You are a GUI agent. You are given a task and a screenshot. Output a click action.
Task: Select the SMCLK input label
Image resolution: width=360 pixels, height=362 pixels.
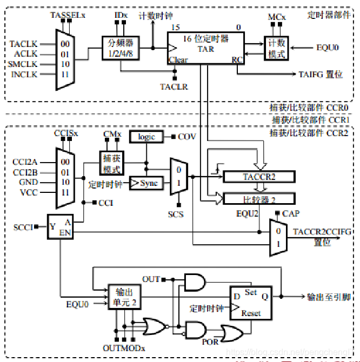(24, 64)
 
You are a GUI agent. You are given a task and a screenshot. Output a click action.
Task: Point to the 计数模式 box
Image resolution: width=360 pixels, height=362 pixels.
(276, 49)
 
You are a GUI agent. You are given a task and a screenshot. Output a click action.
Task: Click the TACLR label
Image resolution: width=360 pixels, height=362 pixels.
(174, 86)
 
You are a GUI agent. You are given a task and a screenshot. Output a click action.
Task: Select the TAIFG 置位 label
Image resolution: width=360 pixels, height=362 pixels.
(321, 74)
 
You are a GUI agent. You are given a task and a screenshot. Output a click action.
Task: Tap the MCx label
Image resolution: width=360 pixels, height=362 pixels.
(276, 18)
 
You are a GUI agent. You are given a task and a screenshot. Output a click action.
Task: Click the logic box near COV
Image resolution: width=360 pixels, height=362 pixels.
(146, 137)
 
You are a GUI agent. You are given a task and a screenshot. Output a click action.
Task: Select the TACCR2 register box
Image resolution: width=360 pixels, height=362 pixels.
(258, 177)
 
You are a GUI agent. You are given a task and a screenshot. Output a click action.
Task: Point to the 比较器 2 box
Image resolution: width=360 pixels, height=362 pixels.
(258, 199)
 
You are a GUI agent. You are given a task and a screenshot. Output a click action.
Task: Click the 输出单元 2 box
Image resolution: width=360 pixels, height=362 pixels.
(125, 297)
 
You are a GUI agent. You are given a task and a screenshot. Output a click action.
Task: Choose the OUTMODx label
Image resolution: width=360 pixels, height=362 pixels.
(124, 347)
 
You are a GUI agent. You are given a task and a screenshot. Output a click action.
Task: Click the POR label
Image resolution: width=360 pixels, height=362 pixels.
(210, 341)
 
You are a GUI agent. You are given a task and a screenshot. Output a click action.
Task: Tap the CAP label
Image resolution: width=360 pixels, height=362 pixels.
(291, 214)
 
